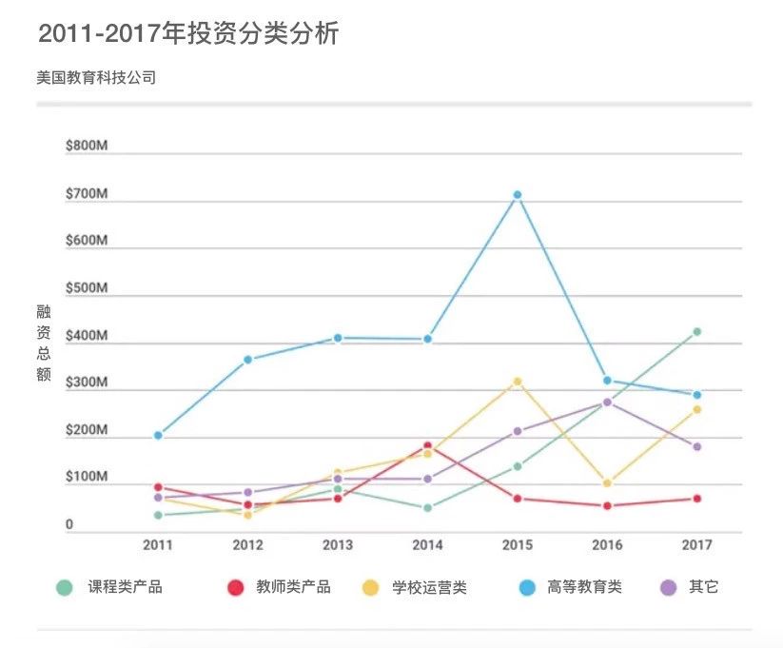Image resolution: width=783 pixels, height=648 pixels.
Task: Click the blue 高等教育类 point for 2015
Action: pyautogui.click(x=518, y=195)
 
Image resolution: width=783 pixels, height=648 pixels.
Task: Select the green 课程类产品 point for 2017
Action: pyautogui.click(x=696, y=332)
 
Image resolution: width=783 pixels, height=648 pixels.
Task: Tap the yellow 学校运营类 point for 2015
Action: pyautogui.click(x=518, y=382)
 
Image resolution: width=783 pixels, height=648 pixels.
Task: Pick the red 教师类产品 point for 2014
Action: pyautogui.click(x=427, y=446)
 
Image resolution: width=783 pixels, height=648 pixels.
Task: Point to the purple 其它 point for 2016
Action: pyautogui.click(x=607, y=403)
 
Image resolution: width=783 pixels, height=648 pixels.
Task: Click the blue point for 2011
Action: pyautogui.click(x=158, y=436)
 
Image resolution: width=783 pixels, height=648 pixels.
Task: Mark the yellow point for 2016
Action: pyautogui.click(x=607, y=483)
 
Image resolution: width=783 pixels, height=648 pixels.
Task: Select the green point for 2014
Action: pyautogui.click(x=427, y=508)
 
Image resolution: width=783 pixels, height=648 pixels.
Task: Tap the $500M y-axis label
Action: pyautogui.click(x=86, y=288)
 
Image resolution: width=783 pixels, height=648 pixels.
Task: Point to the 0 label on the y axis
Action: pyautogui.click(x=69, y=524)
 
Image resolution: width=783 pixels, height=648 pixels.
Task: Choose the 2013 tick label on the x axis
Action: pyautogui.click(x=338, y=545)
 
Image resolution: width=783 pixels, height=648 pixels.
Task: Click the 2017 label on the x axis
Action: pyautogui.click(x=696, y=545)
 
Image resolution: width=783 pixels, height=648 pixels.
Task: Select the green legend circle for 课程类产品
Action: pyautogui.click(x=64, y=588)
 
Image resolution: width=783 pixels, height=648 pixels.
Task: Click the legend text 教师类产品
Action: pyautogui.click(x=293, y=587)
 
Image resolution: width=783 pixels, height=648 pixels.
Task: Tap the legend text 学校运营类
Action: pyautogui.click(x=429, y=587)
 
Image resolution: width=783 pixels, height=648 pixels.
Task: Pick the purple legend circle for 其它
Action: pyautogui.click(x=669, y=588)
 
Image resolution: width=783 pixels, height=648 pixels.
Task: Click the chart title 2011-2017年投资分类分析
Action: pyautogui.click(x=188, y=34)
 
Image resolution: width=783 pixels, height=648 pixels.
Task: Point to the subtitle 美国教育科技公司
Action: pyautogui.click(x=96, y=78)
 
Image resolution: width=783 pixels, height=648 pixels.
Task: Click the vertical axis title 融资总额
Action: pyautogui.click(x=44, y=344)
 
